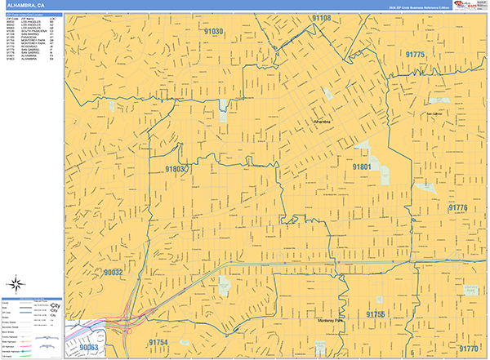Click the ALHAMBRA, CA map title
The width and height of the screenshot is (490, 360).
pos(24,5)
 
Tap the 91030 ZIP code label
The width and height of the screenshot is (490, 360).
pos(214,31)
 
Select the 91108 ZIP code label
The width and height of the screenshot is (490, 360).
pos(321,18)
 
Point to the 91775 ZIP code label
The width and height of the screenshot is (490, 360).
pos(415,54)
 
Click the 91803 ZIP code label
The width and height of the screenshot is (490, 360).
pos(176,169)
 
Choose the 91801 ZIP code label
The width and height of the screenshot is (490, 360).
pos(362,167)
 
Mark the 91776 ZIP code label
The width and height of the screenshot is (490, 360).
pos(457,208)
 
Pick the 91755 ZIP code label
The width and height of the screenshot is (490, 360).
pos(375,313)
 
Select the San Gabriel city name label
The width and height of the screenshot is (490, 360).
pos(433,113)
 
